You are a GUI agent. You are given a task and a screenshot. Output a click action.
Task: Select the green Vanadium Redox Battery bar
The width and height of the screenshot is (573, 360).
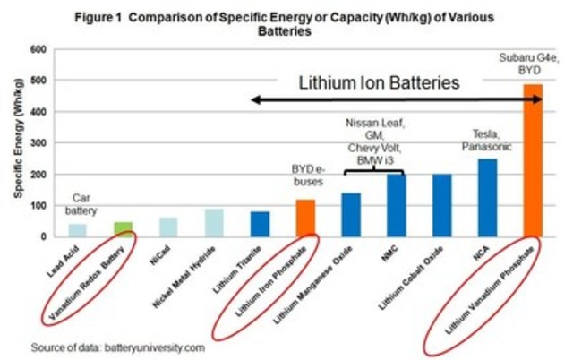pyautogui.click(x=123, y=229)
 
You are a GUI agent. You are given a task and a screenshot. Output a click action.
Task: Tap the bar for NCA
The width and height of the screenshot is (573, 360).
pyautogui.click(x=487, y=198)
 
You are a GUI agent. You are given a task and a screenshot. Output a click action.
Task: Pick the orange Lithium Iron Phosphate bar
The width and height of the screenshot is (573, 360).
pyautogui.click(x=305, y=218)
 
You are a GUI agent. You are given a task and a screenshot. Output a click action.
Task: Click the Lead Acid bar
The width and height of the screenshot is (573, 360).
pyautogui.click(x=78, y=230)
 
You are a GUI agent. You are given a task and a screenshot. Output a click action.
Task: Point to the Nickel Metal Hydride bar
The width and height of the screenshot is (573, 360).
pyautogui.click(x=214, y=223)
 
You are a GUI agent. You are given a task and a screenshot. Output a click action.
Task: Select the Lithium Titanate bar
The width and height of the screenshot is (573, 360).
pyautogui.click(x=260, y=224)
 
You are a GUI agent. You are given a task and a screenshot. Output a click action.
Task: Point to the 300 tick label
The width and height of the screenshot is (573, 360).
pyautogui.click(x=38, y=143)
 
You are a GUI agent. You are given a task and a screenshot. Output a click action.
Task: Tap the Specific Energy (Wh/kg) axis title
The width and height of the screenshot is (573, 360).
pyautogui.click(x=17, y=143)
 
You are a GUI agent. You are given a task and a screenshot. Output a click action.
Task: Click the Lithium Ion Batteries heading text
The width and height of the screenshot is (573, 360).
pyautogui.click(x=380, y=83)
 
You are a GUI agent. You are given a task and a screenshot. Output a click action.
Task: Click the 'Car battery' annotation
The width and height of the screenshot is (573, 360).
pyautogui.click(x=81, y=203)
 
